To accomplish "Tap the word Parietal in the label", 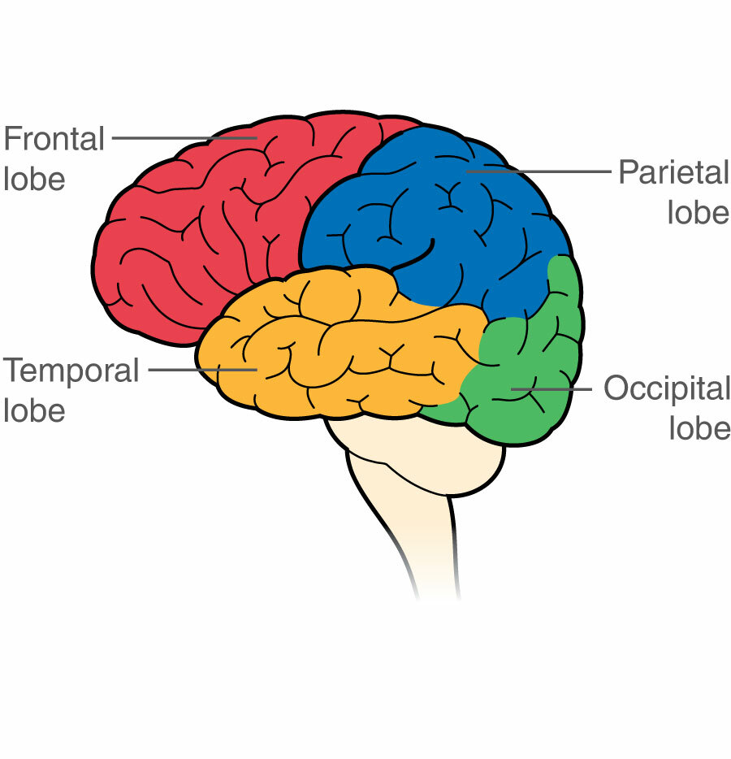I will click(673, 172).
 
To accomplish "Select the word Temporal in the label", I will click(71, 371).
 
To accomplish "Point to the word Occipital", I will click(667, 388).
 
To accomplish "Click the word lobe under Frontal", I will click(34, 178).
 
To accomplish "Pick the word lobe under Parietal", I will click(699, 212).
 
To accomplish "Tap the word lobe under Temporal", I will click(34, 410).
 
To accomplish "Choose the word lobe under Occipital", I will click(699, 428).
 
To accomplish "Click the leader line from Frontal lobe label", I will click(183, 138).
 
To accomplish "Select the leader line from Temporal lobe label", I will click(203, 371).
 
